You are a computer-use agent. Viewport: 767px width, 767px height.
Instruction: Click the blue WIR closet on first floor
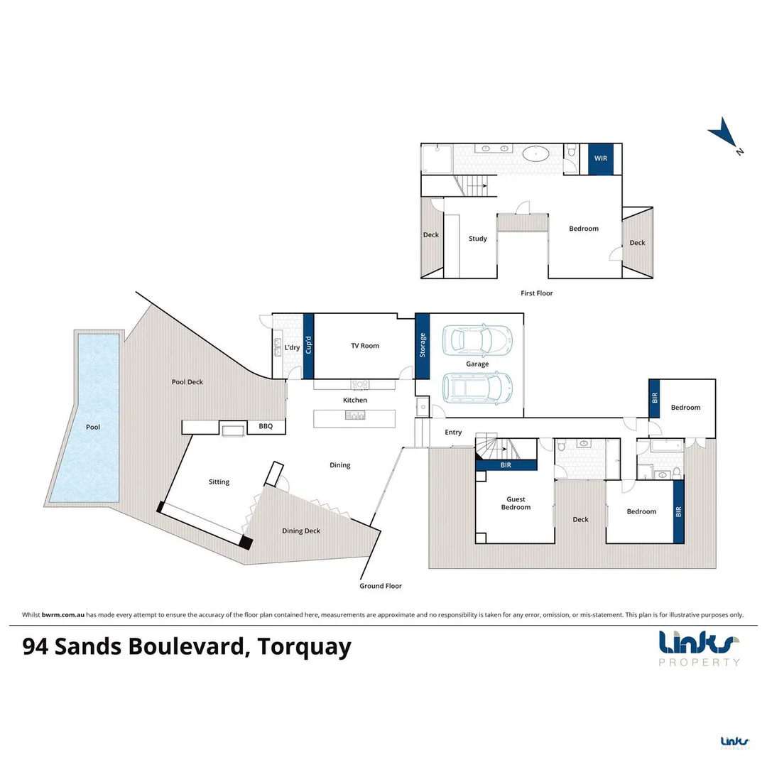(600, 158)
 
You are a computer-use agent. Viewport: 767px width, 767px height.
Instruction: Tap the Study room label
(478, 239)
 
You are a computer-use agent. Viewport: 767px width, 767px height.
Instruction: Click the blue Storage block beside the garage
(423, 346)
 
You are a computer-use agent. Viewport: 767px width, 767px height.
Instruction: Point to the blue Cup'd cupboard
(308, 346)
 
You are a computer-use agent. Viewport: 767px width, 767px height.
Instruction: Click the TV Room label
(365, 346)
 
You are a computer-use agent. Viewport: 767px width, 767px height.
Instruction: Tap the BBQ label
(266, 427)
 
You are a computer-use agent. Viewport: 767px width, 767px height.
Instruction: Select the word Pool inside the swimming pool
(93, 428)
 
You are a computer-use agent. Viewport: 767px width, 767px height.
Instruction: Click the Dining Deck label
(301, 531)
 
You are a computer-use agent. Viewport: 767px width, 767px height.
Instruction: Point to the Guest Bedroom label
(516, 503)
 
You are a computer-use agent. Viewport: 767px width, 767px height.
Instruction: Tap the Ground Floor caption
(381, 586)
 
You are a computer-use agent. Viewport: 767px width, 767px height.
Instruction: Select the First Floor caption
(536, 293)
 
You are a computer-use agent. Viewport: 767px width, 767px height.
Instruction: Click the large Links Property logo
(699, 647)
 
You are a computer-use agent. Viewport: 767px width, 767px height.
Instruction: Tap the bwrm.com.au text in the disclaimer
(64, 615)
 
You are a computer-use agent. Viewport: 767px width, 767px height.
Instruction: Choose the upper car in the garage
(477, 340)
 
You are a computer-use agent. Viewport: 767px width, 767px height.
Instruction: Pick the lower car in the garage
(477, 388)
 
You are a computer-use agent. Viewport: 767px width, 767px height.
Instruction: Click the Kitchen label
(355, 400)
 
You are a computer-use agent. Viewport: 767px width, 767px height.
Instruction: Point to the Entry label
(453, 432)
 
